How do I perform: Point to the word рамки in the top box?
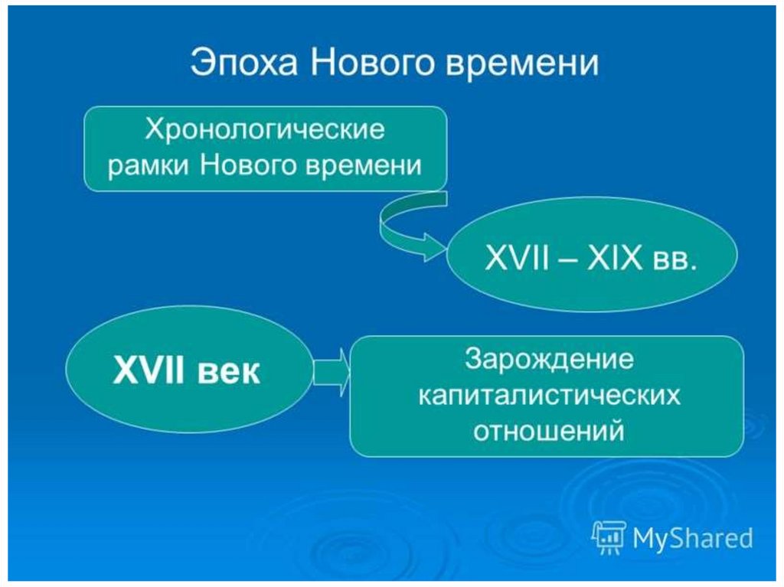click(x=149, y=166)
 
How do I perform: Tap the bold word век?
click(x=230, y=372)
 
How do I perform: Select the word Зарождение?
click(x=549, y=359)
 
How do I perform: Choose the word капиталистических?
click(x=549, y=396)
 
